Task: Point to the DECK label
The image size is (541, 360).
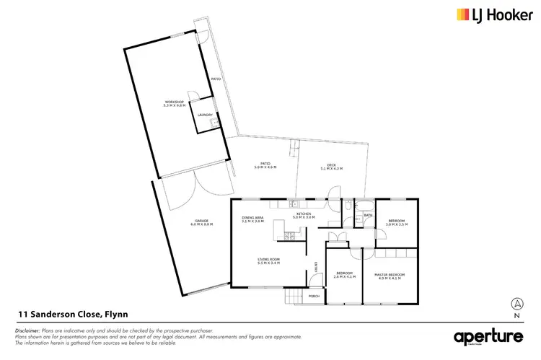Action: pyautogui.click(x=331, y=165)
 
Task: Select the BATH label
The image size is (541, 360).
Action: pyautogui.click(x=367, y=215)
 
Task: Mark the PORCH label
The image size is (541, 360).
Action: pyautogui.click(x=315, y=296)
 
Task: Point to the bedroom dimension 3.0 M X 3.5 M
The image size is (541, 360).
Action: pyautogui.click(x=397, y=225)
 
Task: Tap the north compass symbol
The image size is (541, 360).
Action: pyautogui.click(x=515, y=304)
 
